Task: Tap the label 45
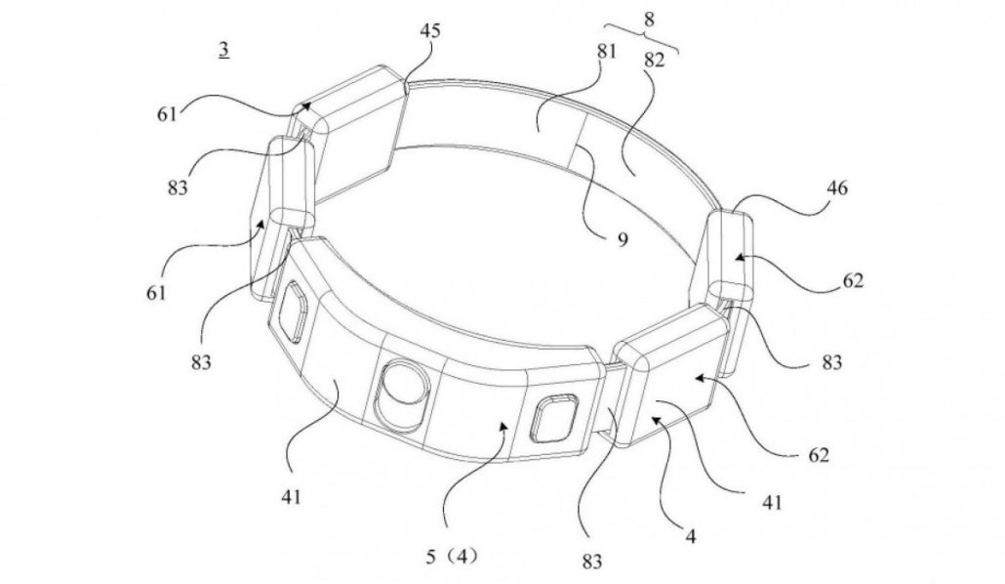[x=429, y=30]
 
